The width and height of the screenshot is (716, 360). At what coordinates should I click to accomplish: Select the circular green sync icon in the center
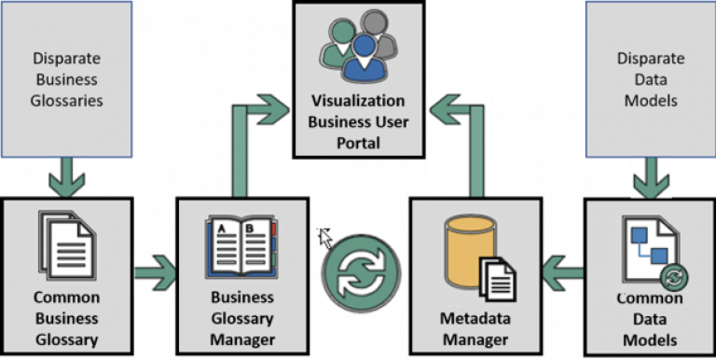click(360, 271)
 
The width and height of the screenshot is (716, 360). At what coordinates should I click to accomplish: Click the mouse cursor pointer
click(325, 238)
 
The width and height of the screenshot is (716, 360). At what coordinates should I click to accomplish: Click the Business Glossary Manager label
click(241, 318)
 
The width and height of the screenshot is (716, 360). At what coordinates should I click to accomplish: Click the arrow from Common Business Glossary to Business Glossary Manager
click(155, 272)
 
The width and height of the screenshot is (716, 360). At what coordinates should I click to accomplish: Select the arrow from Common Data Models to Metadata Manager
click(562, 272)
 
